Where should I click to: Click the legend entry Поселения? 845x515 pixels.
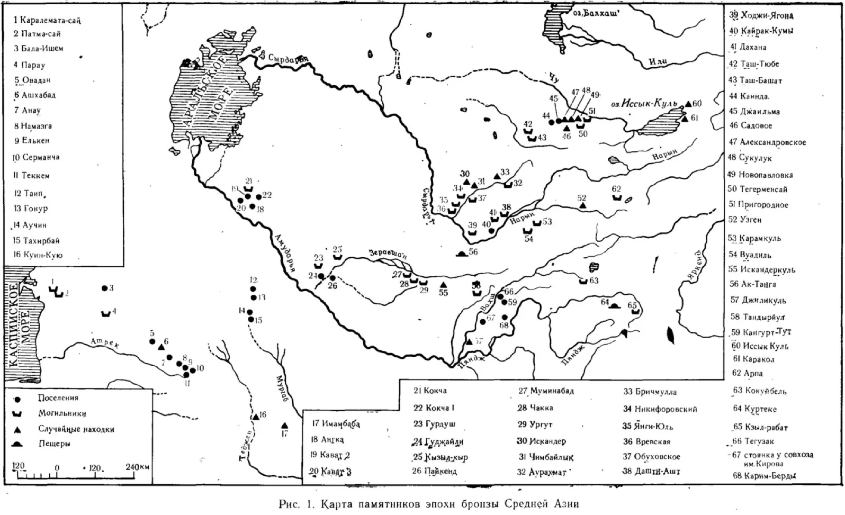(58, 398)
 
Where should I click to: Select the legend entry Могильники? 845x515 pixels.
(62, 413)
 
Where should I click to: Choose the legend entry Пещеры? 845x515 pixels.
(54, 444)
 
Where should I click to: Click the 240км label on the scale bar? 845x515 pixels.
(137, 467)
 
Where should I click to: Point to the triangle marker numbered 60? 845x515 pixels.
(688, 104)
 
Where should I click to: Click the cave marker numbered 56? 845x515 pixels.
(462, 254)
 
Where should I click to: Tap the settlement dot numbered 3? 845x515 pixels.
(104, 288)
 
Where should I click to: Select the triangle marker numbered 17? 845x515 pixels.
(284, 426)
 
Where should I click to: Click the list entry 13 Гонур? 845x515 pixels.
(31, 209)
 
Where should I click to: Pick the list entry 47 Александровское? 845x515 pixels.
(767, 142)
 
